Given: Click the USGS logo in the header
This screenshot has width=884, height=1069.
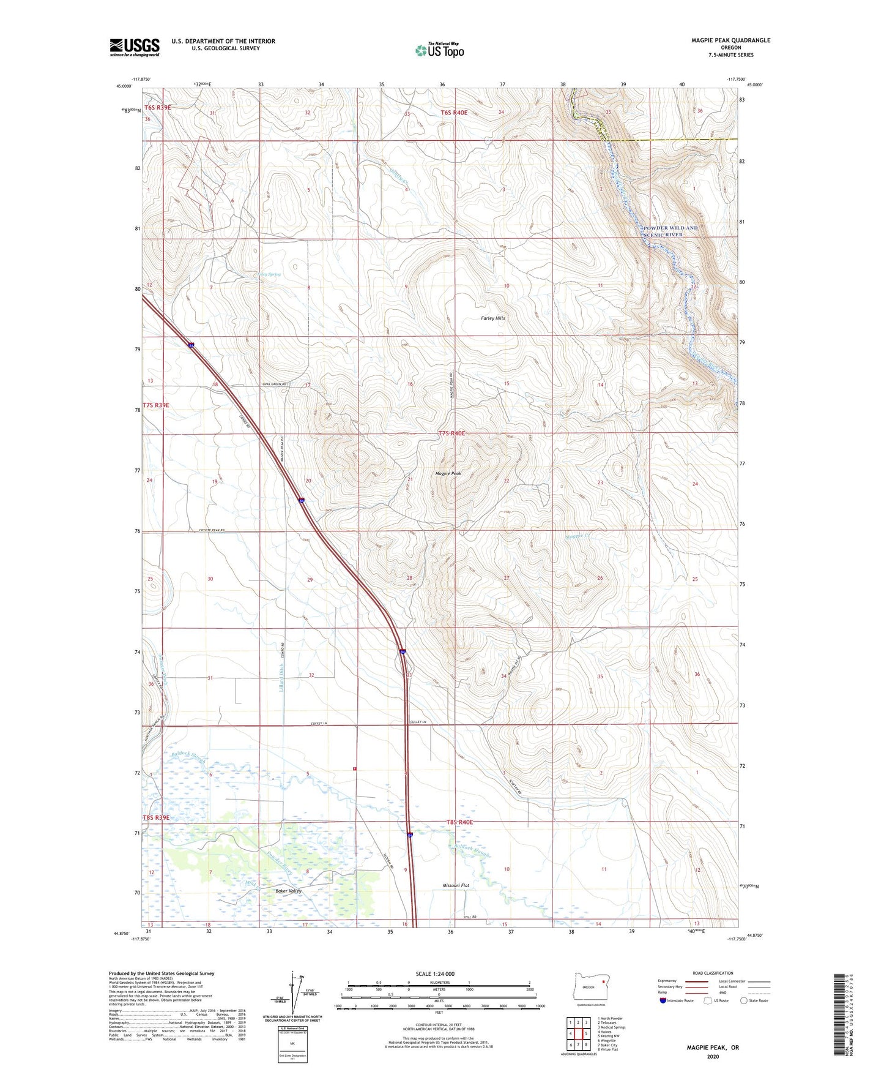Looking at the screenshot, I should [x=134, y=47].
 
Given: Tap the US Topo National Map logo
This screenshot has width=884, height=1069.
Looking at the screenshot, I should [x=439, y=50].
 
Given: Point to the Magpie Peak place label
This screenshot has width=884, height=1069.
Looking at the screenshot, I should [x=448, y=473].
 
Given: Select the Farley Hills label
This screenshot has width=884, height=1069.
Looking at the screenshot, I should [x=492, y=318].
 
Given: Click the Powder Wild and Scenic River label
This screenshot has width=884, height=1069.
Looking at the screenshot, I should [x=670, y=231].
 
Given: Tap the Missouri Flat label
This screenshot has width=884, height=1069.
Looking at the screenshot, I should [x=456, y=885].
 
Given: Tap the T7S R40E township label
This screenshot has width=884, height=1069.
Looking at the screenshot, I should [x=451, y=433].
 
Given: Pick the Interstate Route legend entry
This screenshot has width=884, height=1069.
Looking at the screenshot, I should [x=677, y=1000].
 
